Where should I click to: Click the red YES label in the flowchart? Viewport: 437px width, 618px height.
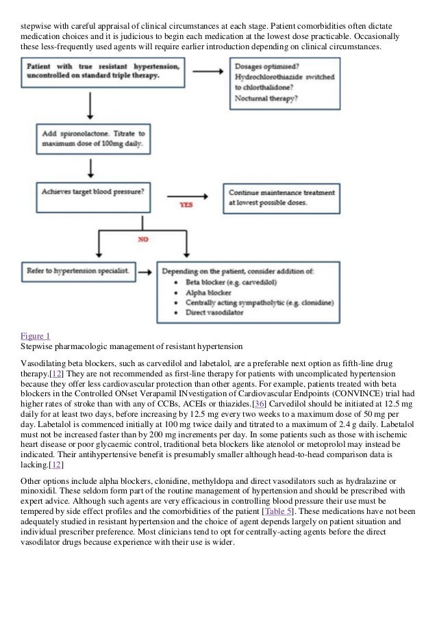[x=186, y=205]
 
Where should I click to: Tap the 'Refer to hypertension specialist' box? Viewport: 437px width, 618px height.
[x=76, y=272]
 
